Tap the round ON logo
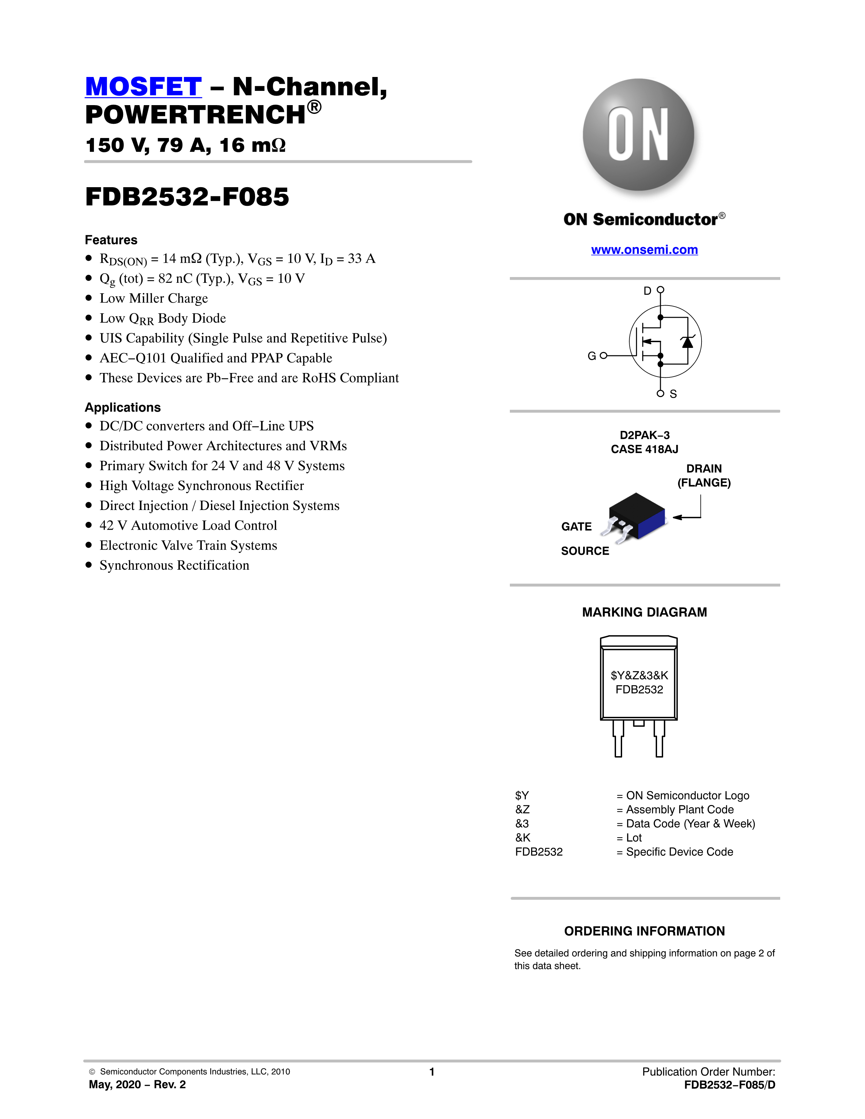coord(638,135)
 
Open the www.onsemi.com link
coord(644,250)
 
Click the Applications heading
coord(122,407)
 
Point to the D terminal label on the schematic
coord(647,291)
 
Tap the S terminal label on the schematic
coord(673,394)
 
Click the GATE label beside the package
coord(576,527)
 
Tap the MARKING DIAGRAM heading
coord(644,612)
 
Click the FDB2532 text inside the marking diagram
coord(639,690)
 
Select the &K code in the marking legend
coord(523,838)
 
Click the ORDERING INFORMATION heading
coord(644,931)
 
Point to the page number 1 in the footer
coord(432,1072)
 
